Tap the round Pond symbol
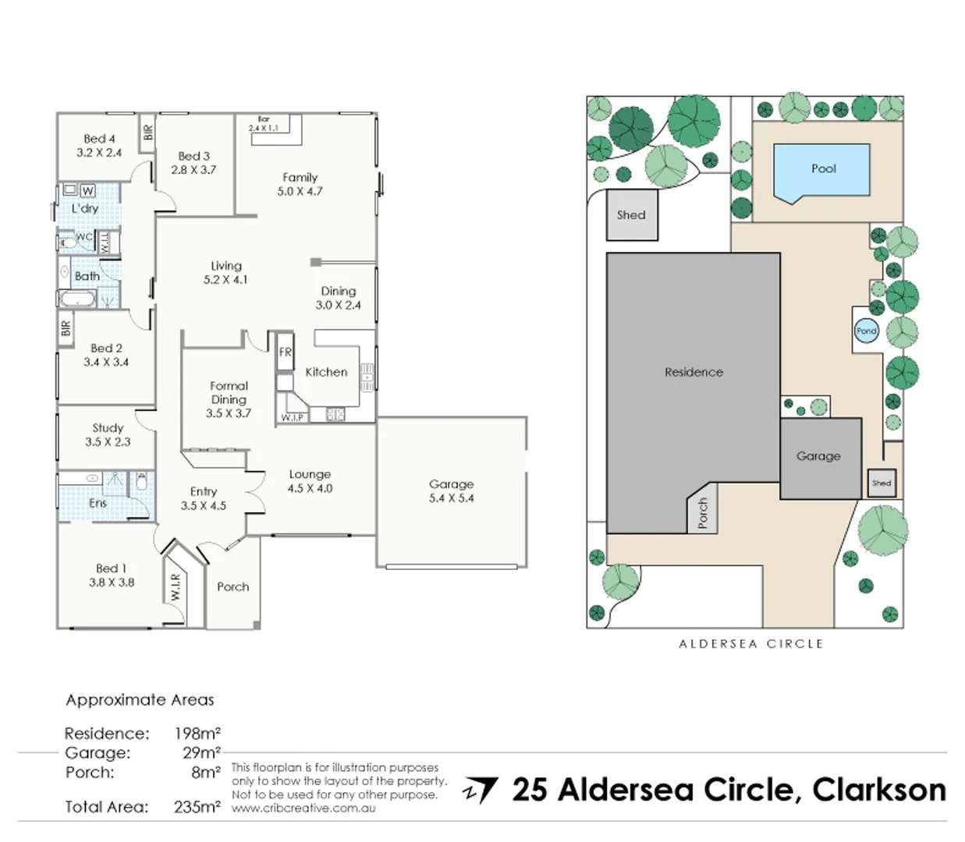pos(866,331)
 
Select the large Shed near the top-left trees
pos(632,215)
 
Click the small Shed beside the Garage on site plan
pos(882,483)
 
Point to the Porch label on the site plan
pos(702,514)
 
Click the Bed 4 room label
pos(99,139)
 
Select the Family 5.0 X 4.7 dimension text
pos(300,191)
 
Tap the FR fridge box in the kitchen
pos(286,352)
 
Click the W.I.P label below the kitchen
pos(292,418)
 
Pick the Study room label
pos(108,428)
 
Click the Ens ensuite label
pos(98,504)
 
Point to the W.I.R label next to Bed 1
pos(176,587)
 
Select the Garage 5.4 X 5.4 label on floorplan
pos(451,491)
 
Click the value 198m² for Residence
pos(197,734)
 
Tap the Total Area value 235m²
pos(197,807)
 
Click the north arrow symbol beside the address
pos(481,790)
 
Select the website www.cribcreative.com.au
pos(303,808)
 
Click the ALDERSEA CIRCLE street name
pos(750,644)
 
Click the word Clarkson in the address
pos(878,790)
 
